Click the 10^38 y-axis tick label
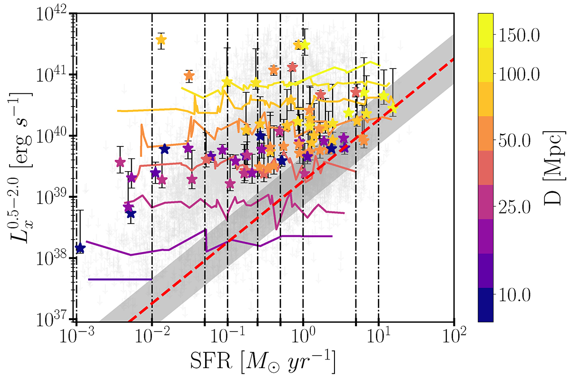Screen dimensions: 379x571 coord(51,258)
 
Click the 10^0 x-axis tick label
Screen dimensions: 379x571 coord(303,338)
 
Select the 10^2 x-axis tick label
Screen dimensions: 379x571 coord(454,338)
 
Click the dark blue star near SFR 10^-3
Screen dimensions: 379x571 coord(80,248)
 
